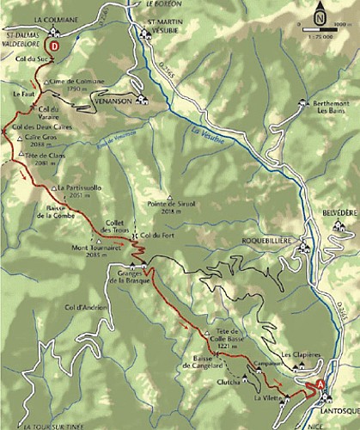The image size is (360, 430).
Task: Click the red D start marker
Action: click(x=55, y=46)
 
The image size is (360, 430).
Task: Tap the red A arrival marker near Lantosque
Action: click(x=321, y=385)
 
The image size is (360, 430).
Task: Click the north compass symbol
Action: click(x=320, y=14)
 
